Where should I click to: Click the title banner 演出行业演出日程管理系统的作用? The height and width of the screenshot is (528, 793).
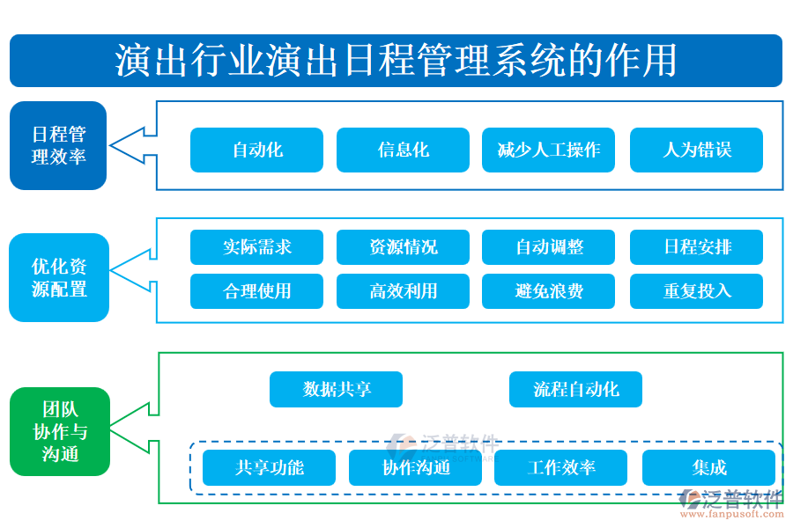396,61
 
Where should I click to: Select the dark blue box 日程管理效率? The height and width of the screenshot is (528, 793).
58,146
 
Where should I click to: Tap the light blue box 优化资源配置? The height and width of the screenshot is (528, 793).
59,277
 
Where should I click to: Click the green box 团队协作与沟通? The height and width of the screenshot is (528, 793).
60,431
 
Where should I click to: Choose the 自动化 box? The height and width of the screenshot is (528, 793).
256,150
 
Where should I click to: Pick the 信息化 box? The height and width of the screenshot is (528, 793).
403,150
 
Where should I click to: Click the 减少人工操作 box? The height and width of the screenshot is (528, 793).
548,150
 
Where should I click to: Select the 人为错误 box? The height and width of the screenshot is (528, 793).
696,150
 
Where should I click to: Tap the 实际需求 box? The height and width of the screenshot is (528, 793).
256,247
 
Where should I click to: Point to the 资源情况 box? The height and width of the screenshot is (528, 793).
403,247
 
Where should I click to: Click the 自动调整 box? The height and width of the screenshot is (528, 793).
548,247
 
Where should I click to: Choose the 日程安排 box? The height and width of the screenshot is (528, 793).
696,247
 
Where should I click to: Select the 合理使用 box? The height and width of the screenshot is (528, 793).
256,291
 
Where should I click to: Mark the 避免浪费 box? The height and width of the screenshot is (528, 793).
548,291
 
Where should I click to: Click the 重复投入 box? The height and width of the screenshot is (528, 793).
696,291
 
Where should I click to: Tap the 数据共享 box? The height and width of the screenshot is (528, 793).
336,389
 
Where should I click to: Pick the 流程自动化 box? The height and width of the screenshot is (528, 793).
575,389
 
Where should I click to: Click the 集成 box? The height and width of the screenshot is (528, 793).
708,468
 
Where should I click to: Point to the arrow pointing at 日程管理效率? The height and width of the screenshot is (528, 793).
132,145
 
